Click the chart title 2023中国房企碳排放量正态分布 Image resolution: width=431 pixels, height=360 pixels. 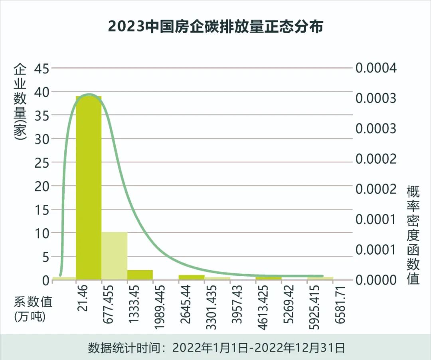(215, 27)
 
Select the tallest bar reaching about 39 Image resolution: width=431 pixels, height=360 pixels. (89, 188)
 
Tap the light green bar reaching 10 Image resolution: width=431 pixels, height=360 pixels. (115, 255)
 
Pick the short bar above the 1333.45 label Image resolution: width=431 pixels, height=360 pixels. (140, 275)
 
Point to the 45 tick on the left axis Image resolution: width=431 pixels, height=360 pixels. (42, 68)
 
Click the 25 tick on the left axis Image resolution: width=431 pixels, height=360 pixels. (42, 162)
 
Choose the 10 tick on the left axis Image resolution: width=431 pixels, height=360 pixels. (42, 233)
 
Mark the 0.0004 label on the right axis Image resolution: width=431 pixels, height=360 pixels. (376, 68)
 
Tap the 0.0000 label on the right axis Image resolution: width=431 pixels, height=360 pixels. (376, 280)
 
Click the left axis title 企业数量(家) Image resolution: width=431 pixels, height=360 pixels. (20, 102)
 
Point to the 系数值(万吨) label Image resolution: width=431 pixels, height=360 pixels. (34, 309)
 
